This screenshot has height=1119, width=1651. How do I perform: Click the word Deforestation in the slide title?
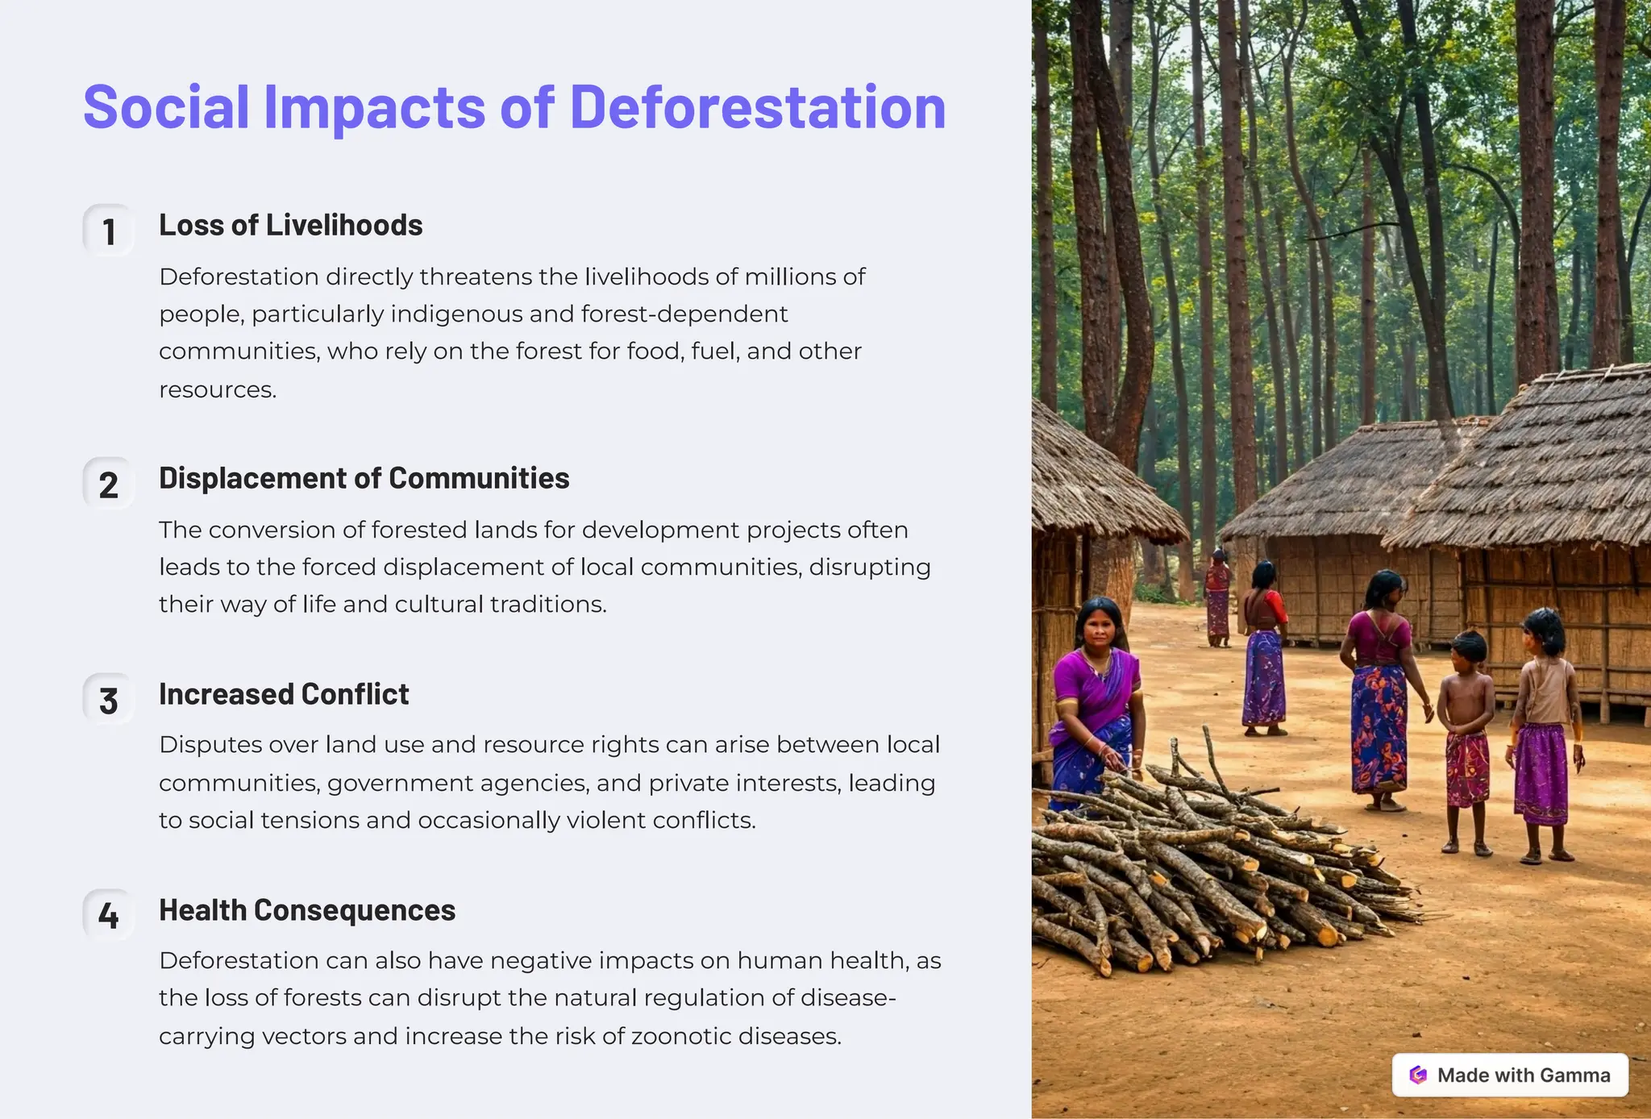[x=757, y=106]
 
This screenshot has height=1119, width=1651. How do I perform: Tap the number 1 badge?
[x=109, y=231]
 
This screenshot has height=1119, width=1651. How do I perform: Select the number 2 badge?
[x=109, y=485]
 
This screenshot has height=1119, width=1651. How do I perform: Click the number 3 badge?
[x=109, y=701]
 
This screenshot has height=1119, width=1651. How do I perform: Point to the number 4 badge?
[x=109, y=916]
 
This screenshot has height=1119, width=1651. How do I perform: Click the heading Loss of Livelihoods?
[x=290, y=225]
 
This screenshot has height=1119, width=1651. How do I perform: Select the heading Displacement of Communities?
[x=364, y=478]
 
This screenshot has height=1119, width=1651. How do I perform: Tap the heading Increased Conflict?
[x=284, y=694]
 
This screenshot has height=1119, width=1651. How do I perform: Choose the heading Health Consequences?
[x=306, y=910]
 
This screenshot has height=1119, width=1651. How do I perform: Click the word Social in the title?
[x=166, y=106]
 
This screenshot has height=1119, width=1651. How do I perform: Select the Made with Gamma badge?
[x=1509, y=1075]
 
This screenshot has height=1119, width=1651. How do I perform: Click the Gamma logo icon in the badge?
[x=1418, y=1075]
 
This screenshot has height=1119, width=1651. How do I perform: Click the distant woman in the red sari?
[x=1217, y=597]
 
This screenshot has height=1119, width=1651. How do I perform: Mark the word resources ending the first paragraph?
[x=216, y=390]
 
